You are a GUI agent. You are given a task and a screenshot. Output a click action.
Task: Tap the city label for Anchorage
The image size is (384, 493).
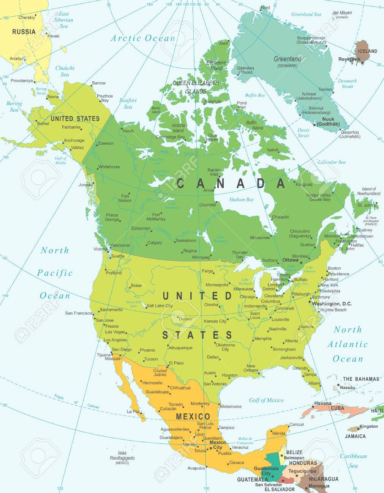74,140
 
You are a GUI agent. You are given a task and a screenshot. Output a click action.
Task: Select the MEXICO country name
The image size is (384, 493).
193,417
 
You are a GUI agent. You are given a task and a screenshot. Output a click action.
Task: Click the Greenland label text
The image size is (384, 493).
287,59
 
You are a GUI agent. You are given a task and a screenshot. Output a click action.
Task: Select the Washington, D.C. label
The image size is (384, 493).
332,304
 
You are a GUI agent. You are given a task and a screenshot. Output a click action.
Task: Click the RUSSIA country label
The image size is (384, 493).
24,32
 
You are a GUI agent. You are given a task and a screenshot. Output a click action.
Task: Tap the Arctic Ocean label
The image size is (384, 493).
143,38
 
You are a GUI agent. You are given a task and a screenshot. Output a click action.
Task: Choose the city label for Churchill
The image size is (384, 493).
207,205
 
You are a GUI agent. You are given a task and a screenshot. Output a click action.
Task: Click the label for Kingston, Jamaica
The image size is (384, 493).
368,426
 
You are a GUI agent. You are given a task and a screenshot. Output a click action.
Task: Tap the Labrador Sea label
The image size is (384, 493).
332,162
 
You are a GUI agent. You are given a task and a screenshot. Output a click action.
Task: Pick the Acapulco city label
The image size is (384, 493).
196,468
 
